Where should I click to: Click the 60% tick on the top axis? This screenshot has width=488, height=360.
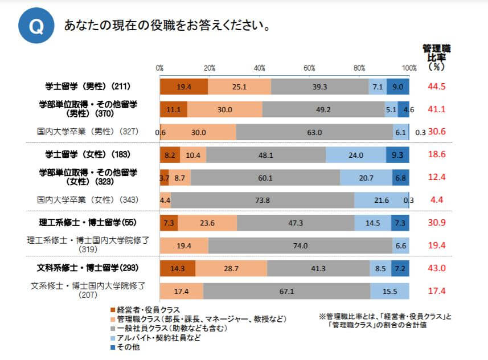coord(310,68)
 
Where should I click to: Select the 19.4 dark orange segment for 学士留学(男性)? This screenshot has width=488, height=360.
coord(184,87)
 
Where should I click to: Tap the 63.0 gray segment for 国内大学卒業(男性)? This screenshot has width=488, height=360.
coord(314,132)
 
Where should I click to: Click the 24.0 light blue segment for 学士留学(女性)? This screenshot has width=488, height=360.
coord(356,154)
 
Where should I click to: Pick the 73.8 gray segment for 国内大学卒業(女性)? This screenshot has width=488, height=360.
coord(263,200)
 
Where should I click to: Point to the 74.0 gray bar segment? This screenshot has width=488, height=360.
coord(300,246)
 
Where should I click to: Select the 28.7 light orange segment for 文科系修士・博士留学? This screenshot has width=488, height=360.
coord(232,268)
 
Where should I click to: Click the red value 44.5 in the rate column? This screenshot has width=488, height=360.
coord(436,87)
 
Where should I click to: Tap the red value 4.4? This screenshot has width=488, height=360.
coord(437,200)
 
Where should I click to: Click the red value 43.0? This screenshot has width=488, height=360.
coord(436,268)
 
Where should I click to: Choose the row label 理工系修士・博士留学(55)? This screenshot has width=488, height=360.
coord(88,222)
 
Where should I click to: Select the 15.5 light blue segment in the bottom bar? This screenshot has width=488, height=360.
coord(389,291)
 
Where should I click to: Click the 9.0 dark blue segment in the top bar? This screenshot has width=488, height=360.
coord(397,87)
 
